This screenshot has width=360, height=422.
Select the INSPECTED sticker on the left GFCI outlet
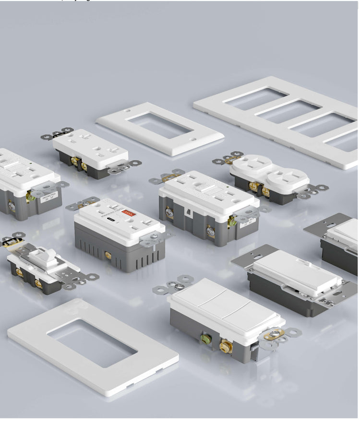tap(48, 197)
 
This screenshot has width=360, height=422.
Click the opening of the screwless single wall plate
tap(92, 343)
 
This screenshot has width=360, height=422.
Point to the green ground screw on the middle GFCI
tap(232, 221)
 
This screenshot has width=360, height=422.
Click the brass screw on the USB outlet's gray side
tap(108, 255)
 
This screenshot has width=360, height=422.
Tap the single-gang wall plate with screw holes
tap(159, 128)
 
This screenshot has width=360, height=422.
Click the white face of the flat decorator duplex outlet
tap(90, 148)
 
